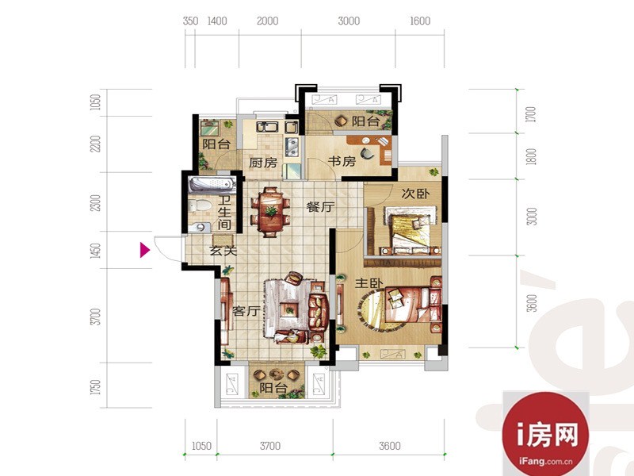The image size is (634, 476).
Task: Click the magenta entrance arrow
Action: pos(144,250)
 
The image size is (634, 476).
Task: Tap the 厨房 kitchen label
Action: pos(263,163)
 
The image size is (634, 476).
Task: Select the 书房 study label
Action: pos(342,161)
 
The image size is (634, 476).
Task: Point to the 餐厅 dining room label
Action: pos(320,207)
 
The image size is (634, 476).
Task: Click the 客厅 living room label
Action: pos(246,311)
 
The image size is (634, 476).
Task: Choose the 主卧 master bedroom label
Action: pos(369,283)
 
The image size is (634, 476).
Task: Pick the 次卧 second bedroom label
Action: pos(415,194)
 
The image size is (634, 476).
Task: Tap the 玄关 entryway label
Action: pos(223,251)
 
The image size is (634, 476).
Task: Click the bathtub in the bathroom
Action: pos(212,184)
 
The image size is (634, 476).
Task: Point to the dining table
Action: pos(271,212)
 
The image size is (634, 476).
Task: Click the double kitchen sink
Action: pos(267,127)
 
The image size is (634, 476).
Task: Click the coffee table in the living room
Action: pos(289,310)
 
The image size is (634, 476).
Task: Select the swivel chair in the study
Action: pos(368,153)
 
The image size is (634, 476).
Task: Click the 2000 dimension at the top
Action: pos(268,21)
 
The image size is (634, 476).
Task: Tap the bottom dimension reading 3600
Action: pos(390,446)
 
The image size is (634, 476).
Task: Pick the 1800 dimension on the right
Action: pos(532,156)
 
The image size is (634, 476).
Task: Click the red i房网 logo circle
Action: pos(545,434)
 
